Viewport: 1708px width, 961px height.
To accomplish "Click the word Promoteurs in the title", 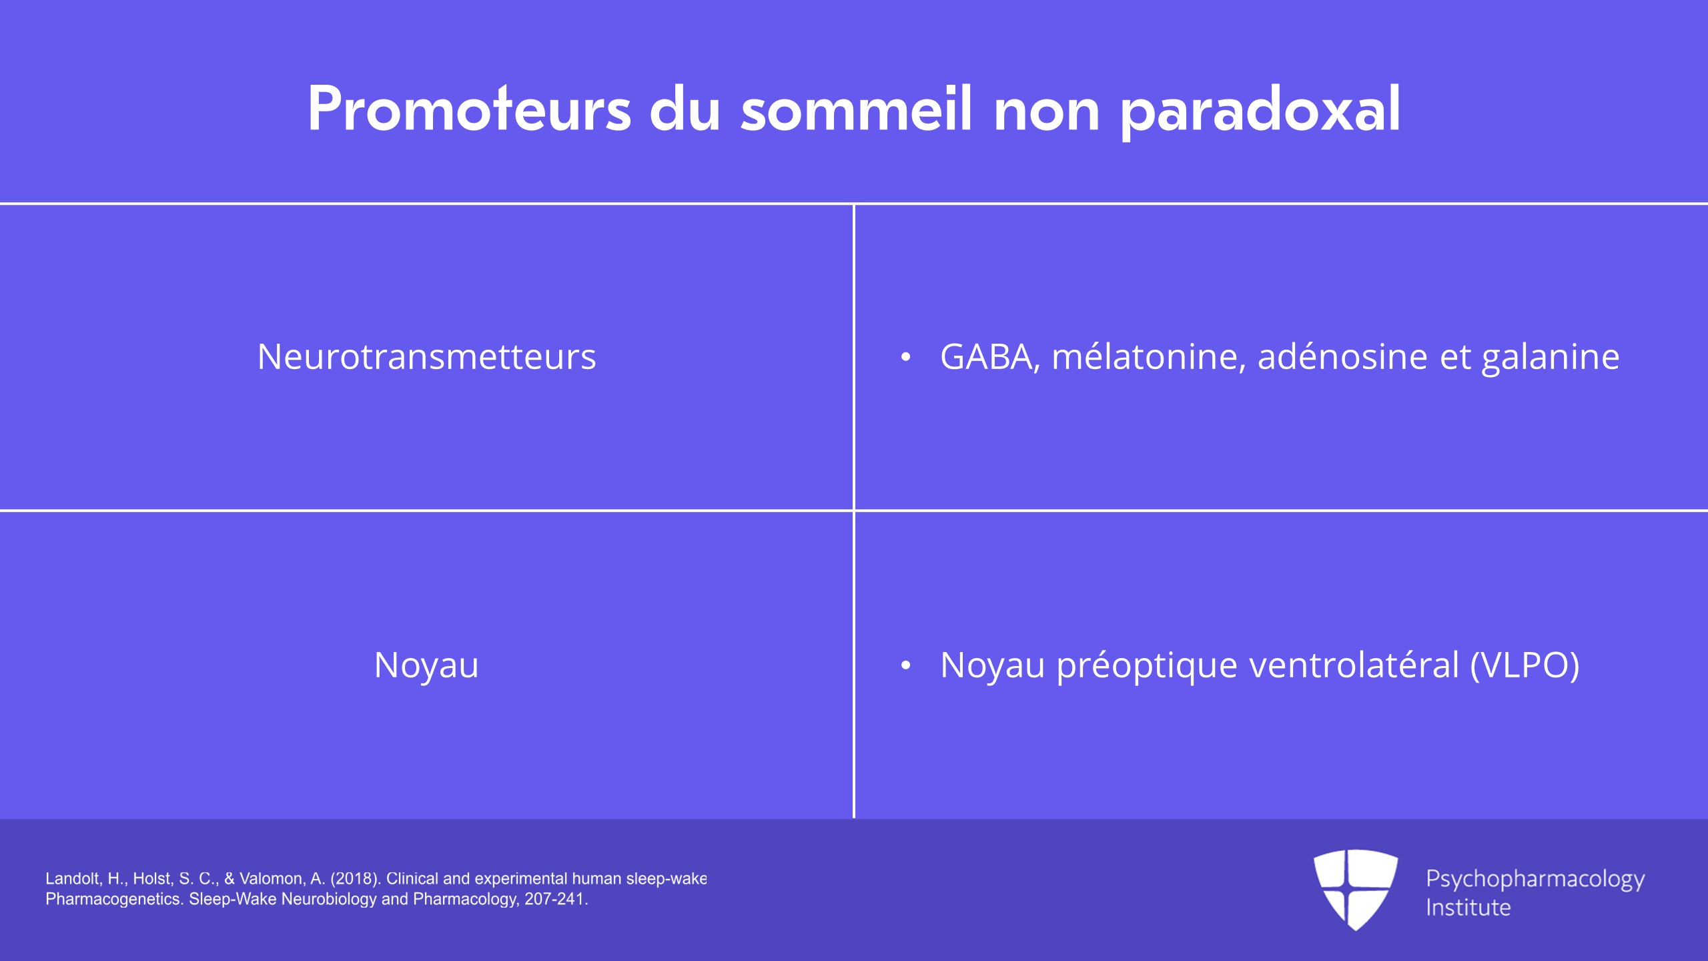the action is pos(469,108).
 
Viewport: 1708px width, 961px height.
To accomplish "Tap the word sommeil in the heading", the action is pos(856,108).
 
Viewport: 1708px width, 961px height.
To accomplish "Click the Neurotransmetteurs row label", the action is pos(427,356).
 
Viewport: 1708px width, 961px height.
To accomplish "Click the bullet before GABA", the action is pos(905,357).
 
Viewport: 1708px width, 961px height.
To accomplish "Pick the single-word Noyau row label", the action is pos(427,666).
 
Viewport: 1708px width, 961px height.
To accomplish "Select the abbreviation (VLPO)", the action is pos(1525,665).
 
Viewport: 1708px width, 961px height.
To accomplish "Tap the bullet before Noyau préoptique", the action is pos(905,665).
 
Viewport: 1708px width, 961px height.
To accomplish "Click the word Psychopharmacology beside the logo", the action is pos(1535,880).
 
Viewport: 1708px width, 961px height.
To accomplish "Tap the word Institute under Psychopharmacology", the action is pos(1468,908).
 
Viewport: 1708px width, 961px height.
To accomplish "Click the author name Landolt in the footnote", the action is pos(73,879).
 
